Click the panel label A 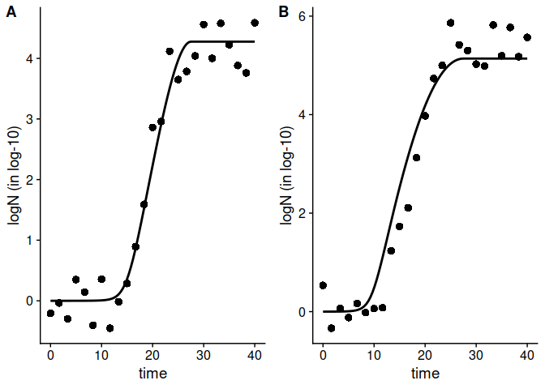pyautogui.click(x=11, y=12)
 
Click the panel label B pyautogui.click(x=283, y=12)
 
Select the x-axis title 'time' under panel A pyautogui.click(x=152, y=374)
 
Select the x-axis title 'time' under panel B pyautogui.click(x=425, y=374)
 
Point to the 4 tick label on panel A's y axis pyautogui.click(x=30, y=58)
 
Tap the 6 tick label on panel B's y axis pyautogui.click(x=303, y=16)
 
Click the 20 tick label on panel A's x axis pyautogui.click(x=152, y=356)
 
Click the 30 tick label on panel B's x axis pyautogui.click(x=476, y=356)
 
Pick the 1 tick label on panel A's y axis pyautogui.click(x=30, y=240)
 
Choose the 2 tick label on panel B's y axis pyautogui.click(x=303, y=213)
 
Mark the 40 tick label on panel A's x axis pyautogui.click(x=255, y=356)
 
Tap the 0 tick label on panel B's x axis pyautogui.click(x=323, y=356)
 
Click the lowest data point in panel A pyautogui.click(x=109, y=328)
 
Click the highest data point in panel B pyautogui.click(x=450, y=23)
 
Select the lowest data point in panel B pyautogui.click(x=331, y=328)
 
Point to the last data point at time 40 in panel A pyautogui.click(x=255, y=23)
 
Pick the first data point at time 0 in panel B pyautogui.click(x=323, y=285)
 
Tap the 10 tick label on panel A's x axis pyautogui.click(x=101, y=356)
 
